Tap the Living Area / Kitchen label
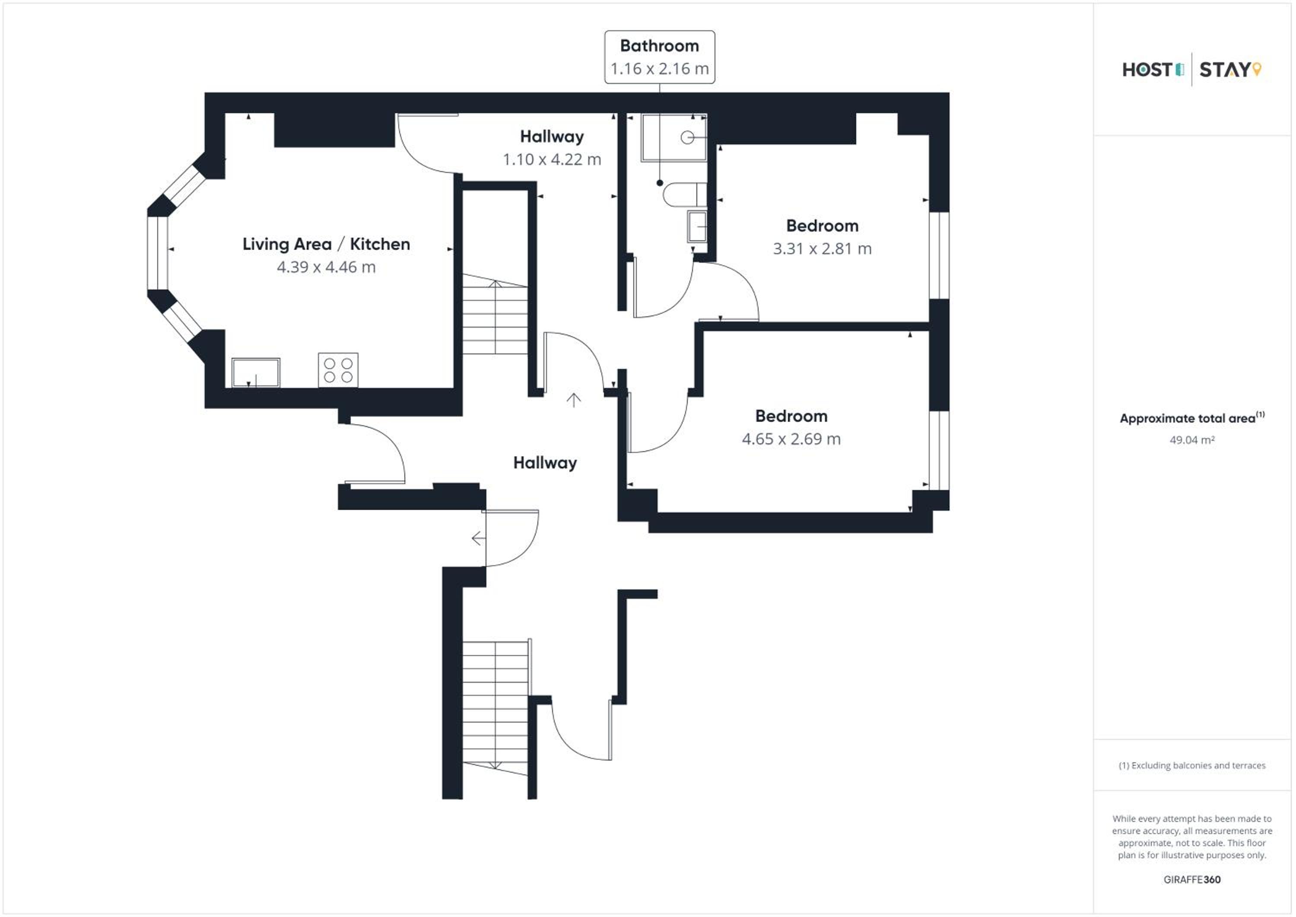[326, 244]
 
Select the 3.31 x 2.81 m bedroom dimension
[822, 248]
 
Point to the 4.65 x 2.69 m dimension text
[791, 439]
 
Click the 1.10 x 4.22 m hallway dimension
[552, 159]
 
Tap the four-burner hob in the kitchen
[338, 370]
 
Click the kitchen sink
[256, 373]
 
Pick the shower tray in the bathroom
[673, 138]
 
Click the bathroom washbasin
[697, 226]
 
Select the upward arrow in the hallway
[574, 400]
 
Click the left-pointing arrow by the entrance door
[478, 539]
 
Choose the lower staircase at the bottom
[496, 708]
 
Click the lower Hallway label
[545, 463]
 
